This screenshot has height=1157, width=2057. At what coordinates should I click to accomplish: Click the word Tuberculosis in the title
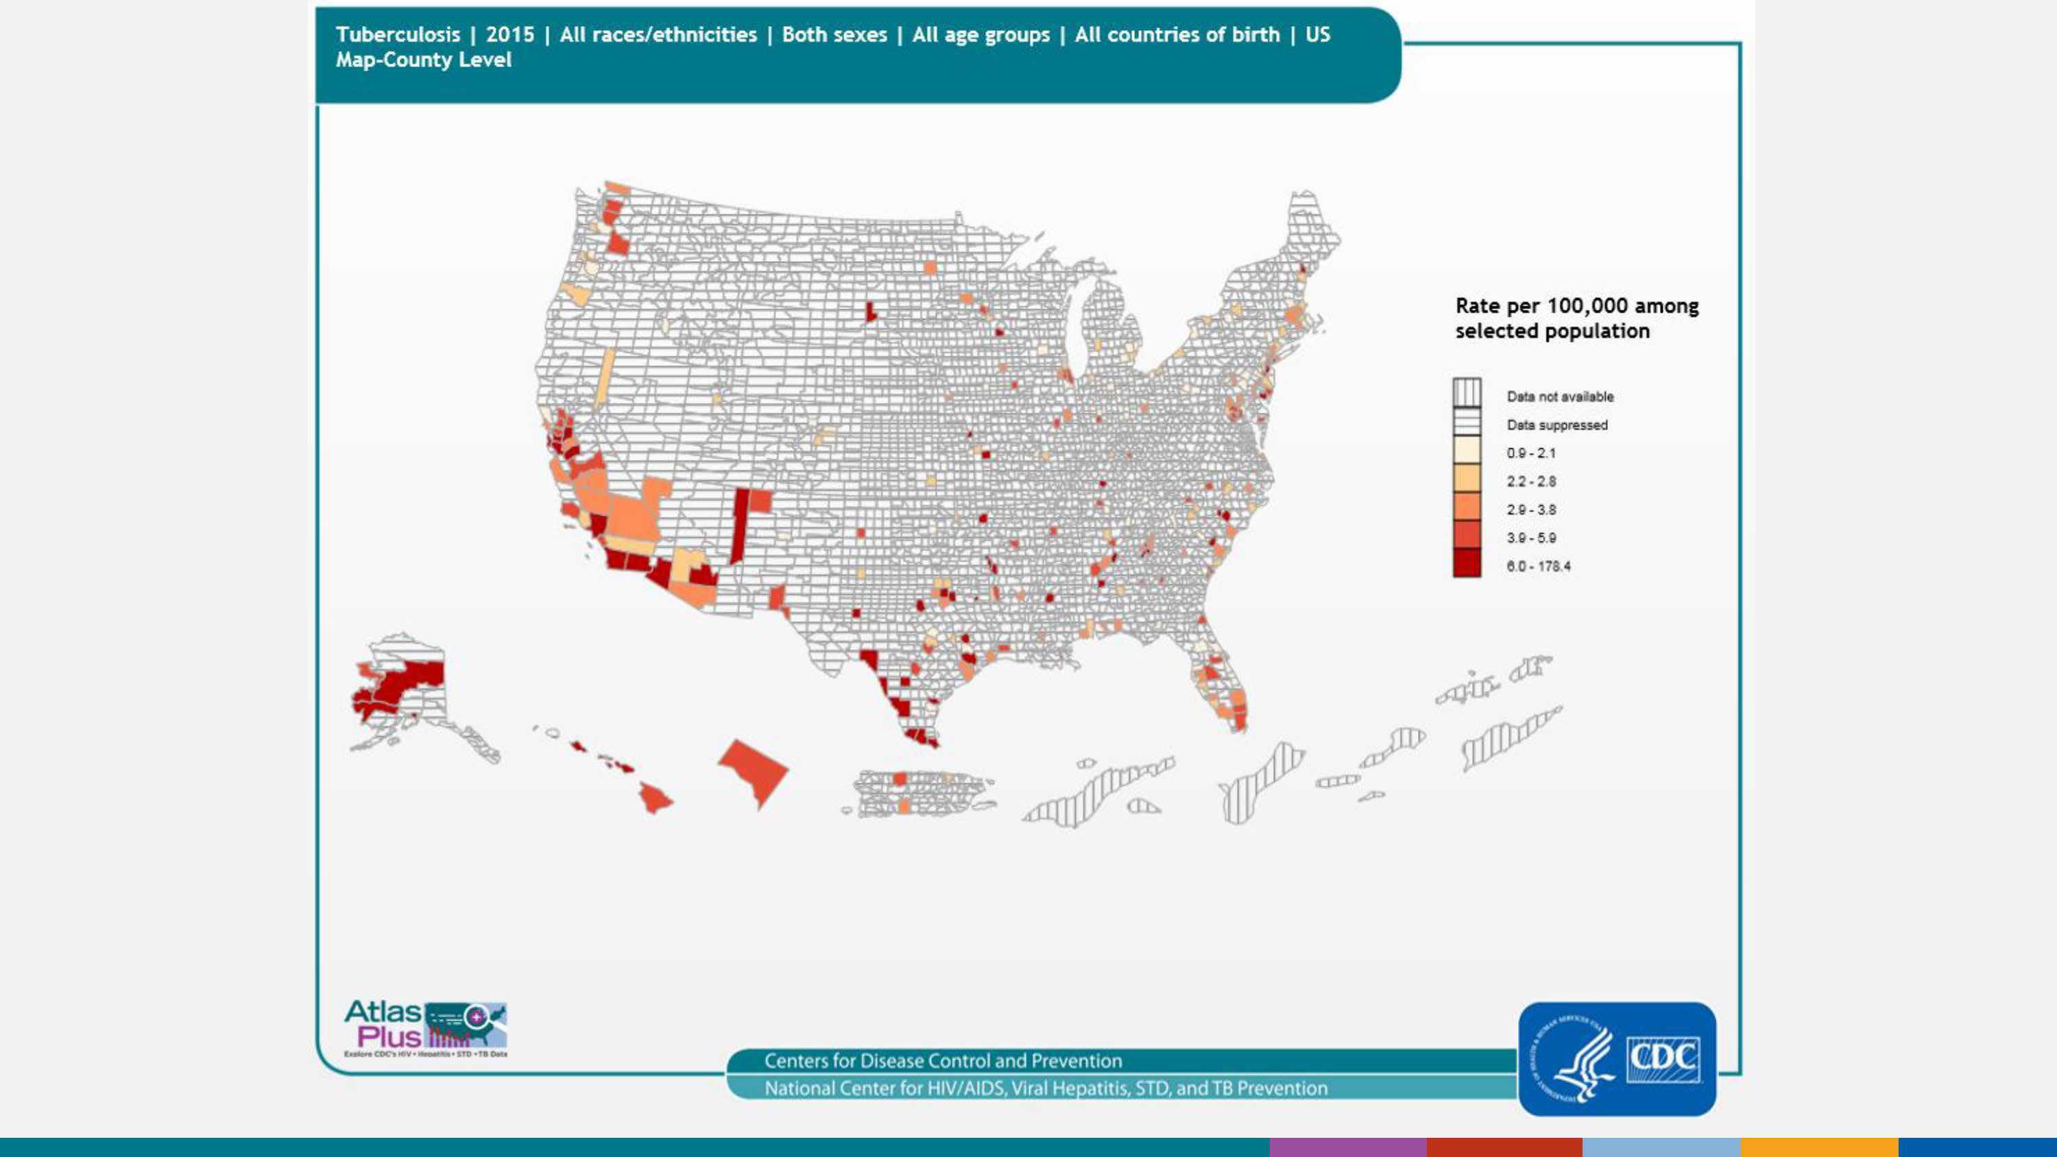click(x=398, y=35)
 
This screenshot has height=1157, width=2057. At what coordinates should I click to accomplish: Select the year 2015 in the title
click(x=509, y=35)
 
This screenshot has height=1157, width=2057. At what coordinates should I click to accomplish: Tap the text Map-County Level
click(x=423, y=60)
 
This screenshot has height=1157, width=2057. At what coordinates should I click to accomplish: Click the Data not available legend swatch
click(x=1467, y=393)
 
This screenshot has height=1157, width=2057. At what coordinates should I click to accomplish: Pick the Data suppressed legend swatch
click(x=1467, y=423)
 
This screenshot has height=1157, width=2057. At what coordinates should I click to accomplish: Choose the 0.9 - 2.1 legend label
click(x=1531, y=454)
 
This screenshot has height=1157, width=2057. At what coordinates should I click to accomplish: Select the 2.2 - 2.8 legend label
click(x=1531, y=481)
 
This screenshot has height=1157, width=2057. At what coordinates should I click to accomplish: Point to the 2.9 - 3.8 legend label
click(x=1531, y=509)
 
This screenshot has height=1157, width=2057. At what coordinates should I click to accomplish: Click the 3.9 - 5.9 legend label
click(x=1531, y=538)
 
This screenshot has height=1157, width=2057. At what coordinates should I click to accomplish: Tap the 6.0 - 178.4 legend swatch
click(x=1467, y=563)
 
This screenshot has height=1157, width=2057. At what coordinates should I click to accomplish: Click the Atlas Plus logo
click(x=426, y=1027)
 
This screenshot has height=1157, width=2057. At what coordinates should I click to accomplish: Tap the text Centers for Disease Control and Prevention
click(x=943, y=1061)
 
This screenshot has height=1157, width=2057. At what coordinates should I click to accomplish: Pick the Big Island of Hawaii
click(x=655, y=797)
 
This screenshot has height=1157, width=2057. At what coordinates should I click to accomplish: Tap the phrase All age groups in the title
click(x=981, y=35)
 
